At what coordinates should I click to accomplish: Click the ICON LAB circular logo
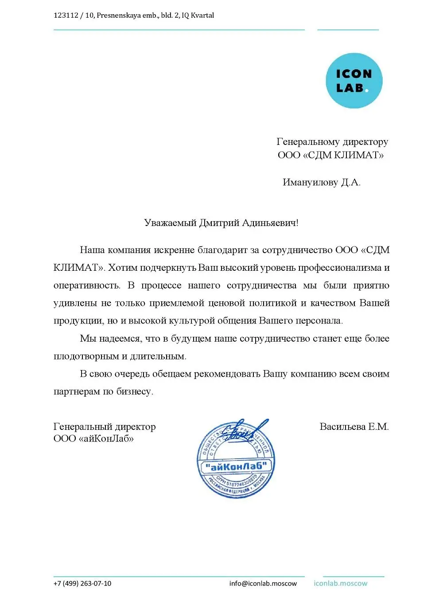pos(354,81)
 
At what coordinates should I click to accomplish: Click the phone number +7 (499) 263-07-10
pos(82,583)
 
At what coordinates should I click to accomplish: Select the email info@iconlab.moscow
pos(263,583)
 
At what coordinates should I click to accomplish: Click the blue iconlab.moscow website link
pos(340,583)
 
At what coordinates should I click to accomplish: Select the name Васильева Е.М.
pos(354,427)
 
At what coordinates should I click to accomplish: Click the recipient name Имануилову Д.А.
pos(322,183)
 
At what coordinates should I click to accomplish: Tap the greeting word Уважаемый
pos(170,223)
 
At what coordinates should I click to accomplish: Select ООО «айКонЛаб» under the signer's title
pos(93,439)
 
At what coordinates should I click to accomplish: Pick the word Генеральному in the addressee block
pos(308,142)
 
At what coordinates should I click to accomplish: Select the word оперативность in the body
pos(86,285)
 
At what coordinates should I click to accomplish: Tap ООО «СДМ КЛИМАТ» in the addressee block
pos(331,155)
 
